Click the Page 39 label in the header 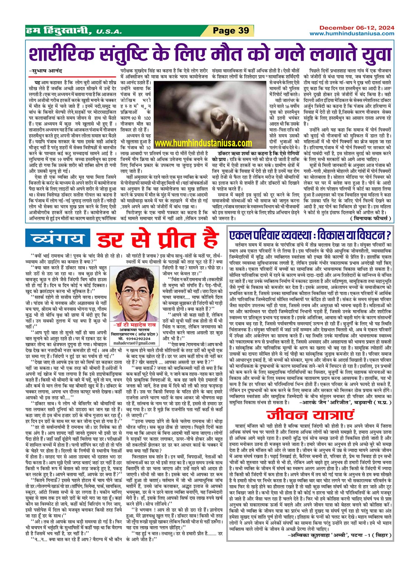[231, 31]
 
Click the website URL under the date [352, 34]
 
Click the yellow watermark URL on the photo [203, 143]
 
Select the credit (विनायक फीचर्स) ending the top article [370, 219]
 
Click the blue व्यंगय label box [58, 239]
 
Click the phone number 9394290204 [138, 338]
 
